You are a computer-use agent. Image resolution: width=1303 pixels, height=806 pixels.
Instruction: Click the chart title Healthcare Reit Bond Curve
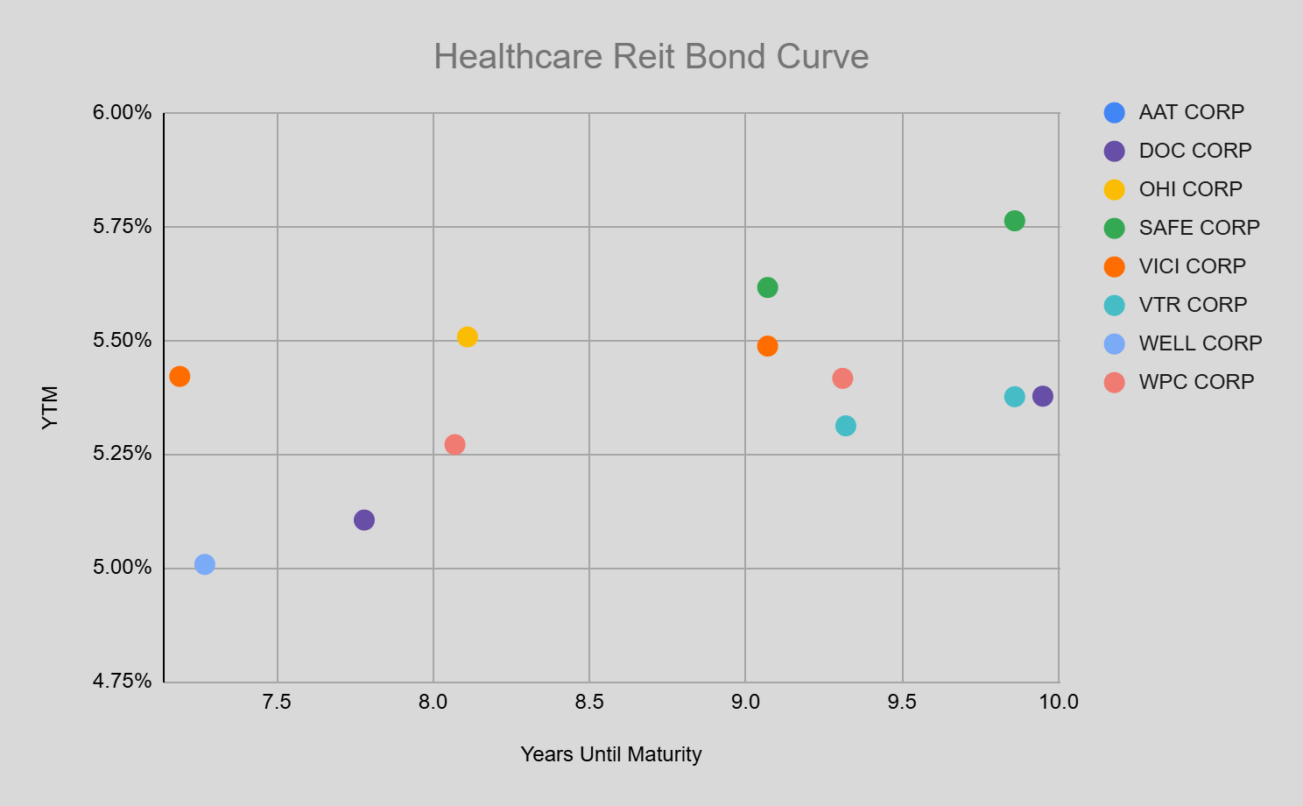pos(651,57)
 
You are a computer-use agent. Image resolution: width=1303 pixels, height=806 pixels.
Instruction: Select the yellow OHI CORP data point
pos(468,337)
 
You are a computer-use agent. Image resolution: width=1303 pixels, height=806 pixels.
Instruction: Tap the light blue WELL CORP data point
pos(205,564)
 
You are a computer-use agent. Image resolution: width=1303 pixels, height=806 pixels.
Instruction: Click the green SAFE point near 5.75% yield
pos(1014,221)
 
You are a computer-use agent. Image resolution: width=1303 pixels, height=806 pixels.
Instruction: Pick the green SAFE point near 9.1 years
pos(767,287)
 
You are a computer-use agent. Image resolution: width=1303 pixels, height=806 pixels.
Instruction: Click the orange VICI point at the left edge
pos(180,377)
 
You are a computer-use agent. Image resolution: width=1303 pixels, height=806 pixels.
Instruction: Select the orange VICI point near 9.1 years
pos(767,346)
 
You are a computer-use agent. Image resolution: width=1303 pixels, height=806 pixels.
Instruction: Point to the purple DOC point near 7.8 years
pos(364,520)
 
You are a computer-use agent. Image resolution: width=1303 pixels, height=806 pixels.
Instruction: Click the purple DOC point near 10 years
pos(1042,396)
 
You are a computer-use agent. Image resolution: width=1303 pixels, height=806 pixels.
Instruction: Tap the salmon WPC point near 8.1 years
pos(454,445)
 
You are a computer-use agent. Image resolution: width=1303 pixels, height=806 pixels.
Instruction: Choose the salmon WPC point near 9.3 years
pos(842,378)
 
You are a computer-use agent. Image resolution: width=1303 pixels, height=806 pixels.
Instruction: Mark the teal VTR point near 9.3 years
pos(845,426)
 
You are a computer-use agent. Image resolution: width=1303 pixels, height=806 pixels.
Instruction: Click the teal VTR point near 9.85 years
pos(1014,397)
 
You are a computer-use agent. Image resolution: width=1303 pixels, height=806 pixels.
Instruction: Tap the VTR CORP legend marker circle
pos(1114,305)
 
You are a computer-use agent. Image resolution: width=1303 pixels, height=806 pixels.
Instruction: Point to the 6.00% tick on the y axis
pos(123,113)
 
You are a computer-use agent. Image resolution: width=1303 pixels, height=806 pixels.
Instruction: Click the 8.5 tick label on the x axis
pos(589,702)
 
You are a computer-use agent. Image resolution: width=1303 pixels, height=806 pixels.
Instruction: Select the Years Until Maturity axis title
pos(610,754)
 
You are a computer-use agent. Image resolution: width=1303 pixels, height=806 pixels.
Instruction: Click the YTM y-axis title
pos(51,407)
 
